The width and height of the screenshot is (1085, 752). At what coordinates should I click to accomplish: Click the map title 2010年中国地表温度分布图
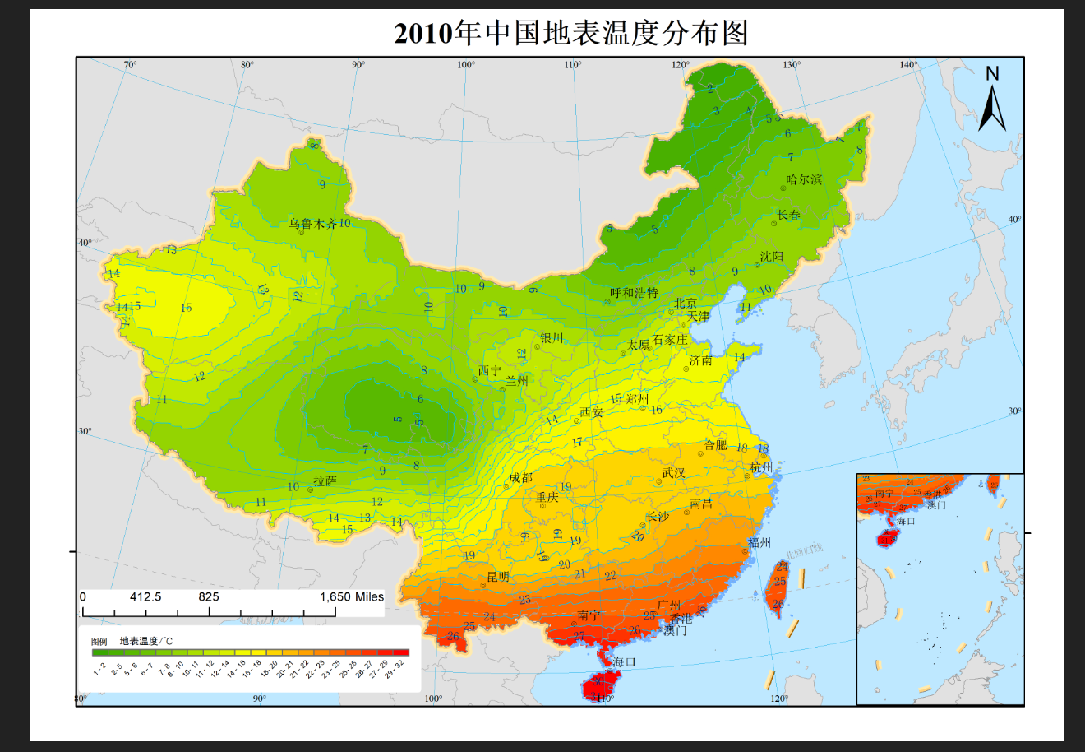click(x=571, y=33)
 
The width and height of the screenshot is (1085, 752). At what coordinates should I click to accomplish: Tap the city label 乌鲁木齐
click(x=312, y=223)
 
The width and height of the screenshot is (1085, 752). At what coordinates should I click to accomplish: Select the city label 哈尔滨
click(x=803, y=179)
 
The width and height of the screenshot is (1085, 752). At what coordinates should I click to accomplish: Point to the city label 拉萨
click(x=325, y=480)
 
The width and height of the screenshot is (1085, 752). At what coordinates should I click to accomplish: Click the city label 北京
click(x=686, y=304)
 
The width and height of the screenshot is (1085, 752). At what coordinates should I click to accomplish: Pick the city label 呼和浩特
click(x=634, y=293)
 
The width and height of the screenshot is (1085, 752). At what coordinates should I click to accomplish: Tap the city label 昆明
click(x=498, y=577)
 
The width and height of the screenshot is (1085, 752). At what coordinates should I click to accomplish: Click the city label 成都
click(x=520, y=478)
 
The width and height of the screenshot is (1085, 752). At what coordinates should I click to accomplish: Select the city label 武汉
click(x=673, y=473)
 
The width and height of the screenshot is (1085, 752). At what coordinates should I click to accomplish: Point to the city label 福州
click(x=759, y=542)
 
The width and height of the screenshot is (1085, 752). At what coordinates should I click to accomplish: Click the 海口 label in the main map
click(x=624, y=661)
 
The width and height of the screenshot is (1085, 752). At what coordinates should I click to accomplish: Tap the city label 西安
click(x=591, y=412)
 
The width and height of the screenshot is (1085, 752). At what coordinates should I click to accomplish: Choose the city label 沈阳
click(x=771, y=257)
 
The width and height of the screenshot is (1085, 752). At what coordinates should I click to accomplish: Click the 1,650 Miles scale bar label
click(x=352, y=596)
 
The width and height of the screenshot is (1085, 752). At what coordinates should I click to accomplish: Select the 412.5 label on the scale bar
click(x=145, y=596)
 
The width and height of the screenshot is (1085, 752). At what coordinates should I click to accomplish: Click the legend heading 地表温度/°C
click(x=146, y=641)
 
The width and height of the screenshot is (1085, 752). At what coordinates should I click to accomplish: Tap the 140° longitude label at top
click(x=908, y=65)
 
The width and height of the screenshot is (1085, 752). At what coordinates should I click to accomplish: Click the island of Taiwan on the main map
click(x=776, y=588)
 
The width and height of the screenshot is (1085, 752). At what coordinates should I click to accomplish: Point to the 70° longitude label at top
click(x=130, y=65)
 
